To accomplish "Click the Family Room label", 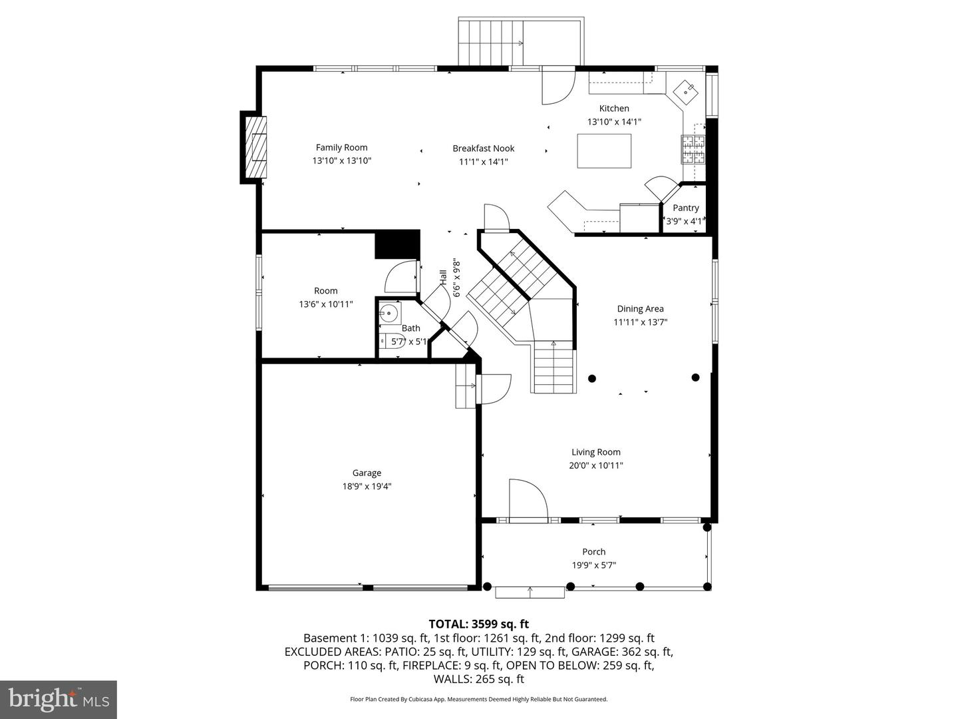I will pos(341,148).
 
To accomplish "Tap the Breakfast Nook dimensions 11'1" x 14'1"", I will pos(484,162).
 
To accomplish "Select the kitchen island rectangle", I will pos(603,151).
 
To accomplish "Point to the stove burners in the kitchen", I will pos(692,150).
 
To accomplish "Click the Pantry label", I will pos(685,208).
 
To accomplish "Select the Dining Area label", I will pos(640,309).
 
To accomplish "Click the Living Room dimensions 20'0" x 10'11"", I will pos(595,466).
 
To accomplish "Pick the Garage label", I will pos(367,473).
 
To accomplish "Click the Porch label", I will pos(593,552).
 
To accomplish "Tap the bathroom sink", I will pos(388,313).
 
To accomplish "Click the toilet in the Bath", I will pos(385,341).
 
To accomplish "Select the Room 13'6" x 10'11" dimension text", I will pos(325,304).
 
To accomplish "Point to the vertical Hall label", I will pos(443,278).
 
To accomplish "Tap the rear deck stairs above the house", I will pos(490,42).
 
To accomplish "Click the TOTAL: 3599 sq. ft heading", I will pos(478,624).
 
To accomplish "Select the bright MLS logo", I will pos(58,699).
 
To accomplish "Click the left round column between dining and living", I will pos(592,378).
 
